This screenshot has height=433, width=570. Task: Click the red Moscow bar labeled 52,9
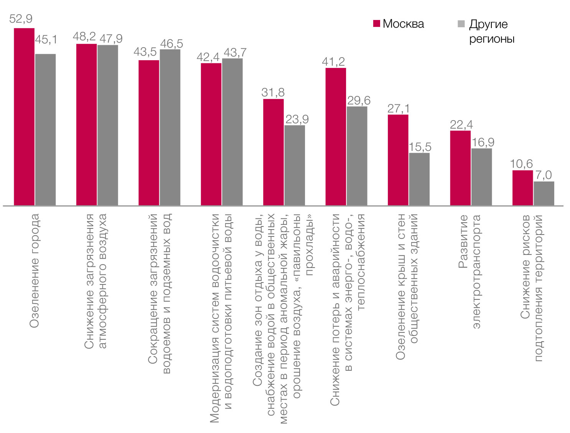(x=24, y=117)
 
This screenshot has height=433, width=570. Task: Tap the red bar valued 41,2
(x=336, y=137)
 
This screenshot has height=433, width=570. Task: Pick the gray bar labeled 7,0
(x=544, y=193)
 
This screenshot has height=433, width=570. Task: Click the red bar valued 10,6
(x=522, y=188)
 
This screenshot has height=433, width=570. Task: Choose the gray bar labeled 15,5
(x=419, y=179)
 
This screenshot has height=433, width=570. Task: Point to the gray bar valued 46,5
(x=170, y=127)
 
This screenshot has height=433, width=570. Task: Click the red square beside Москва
(x=377, y=24)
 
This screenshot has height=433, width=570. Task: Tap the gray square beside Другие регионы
(x=461, y=24)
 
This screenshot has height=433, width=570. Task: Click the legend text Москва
(x=403, y=24)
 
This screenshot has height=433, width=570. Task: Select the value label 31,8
(x=273, y=93)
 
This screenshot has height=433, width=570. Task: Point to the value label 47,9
(x=111, y=38)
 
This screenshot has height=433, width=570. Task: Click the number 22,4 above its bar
(x=461, y=125)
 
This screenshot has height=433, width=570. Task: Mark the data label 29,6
(x=359, y=101)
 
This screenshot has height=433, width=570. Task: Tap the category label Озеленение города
(x=35, y=270)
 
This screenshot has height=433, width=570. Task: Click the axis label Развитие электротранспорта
(x=470, y=271)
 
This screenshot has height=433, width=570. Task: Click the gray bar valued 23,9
(x=295, y=165)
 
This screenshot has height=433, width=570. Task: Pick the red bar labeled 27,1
(x=398, y=160)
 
